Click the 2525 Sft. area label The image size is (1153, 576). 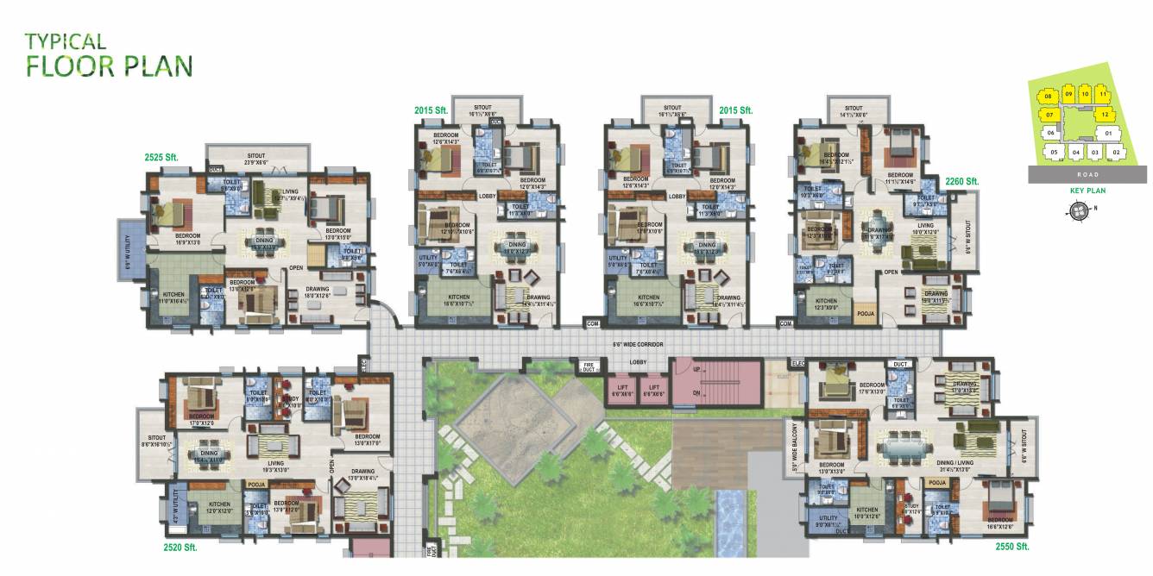(161, 158)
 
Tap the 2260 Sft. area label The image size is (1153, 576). (961, 181)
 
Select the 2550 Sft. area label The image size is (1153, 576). (1011, 547)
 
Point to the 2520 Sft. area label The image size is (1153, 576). (180, 547)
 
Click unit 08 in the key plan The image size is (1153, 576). (1049, 96)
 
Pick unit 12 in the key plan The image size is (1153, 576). (1105, 114)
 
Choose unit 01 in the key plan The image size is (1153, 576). (1107, 134)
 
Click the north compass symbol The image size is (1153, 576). (1078, 210)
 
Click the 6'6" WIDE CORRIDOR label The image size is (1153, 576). (638, 344)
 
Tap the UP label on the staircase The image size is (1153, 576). (696, 369)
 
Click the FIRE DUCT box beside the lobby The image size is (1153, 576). (589, 367)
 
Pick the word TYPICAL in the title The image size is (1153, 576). (66, 41)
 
